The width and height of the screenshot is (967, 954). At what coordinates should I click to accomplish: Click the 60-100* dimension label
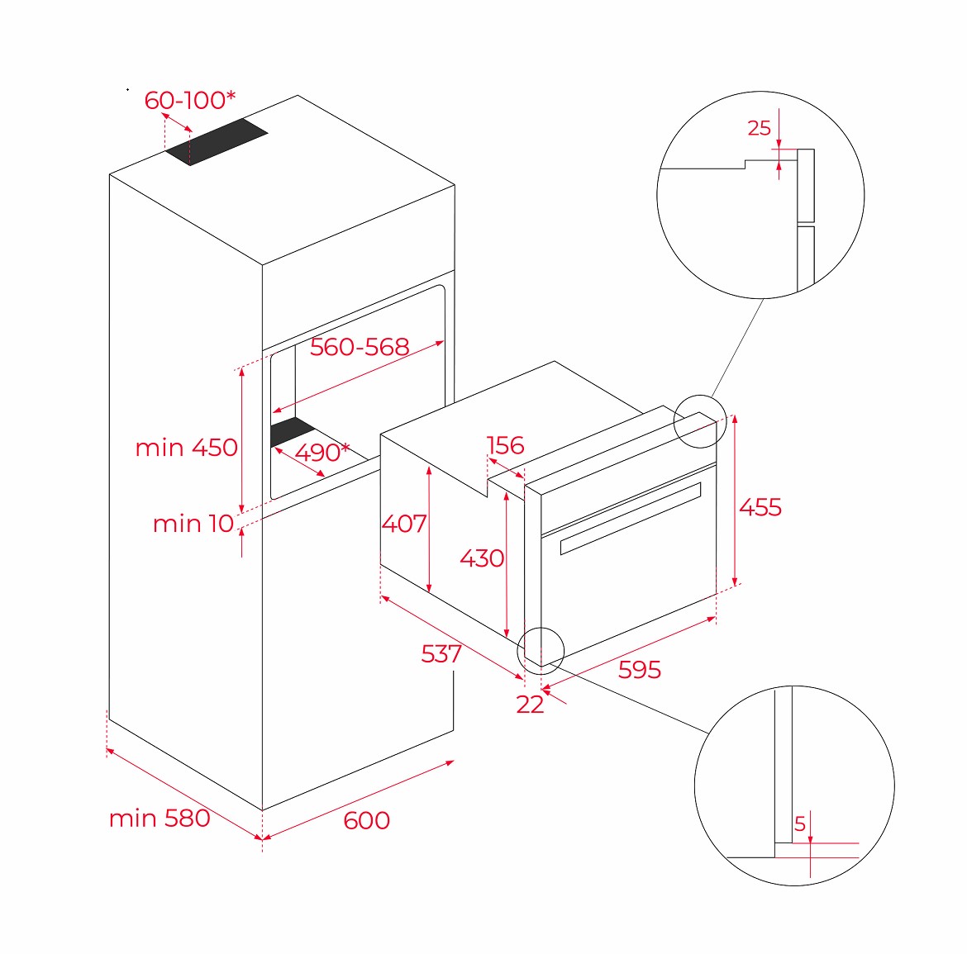click(x=190, y=100)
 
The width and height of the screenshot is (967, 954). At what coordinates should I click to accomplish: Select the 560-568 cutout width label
click(x=360, y=347)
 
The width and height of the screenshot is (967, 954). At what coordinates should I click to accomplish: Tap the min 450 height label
click(x=186, y=448)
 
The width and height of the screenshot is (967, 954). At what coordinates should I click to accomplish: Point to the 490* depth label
click(x=322, y=452)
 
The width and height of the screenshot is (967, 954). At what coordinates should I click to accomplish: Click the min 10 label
click(x=193, y=524)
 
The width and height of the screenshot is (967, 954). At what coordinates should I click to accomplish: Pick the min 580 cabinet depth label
click(x=160, y=819)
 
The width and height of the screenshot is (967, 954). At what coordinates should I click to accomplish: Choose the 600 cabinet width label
click(x=366, y=820)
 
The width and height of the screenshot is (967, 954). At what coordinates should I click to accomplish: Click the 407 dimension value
click(x=404, y=524)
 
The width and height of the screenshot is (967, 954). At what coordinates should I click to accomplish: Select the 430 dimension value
click(x=483, y=558)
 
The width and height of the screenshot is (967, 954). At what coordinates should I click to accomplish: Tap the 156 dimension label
click(x=505, y=445)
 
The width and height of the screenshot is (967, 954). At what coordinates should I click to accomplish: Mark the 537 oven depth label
click(x=441, y=653)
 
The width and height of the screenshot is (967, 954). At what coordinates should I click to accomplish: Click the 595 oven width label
click(x=640, y=669)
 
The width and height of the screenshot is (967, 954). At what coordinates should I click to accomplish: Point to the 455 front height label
click(x=760, y=507)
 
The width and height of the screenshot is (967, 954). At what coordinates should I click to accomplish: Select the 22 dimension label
click(x=530, y=704)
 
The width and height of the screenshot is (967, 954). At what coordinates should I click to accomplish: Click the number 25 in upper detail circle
click(x=760, y=127)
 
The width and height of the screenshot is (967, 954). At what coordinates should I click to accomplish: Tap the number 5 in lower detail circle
click(x=800, y=824)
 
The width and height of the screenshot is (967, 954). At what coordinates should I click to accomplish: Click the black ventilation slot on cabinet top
click(x=217, y=142)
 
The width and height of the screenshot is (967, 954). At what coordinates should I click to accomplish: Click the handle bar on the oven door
click(x=631, y=519)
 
